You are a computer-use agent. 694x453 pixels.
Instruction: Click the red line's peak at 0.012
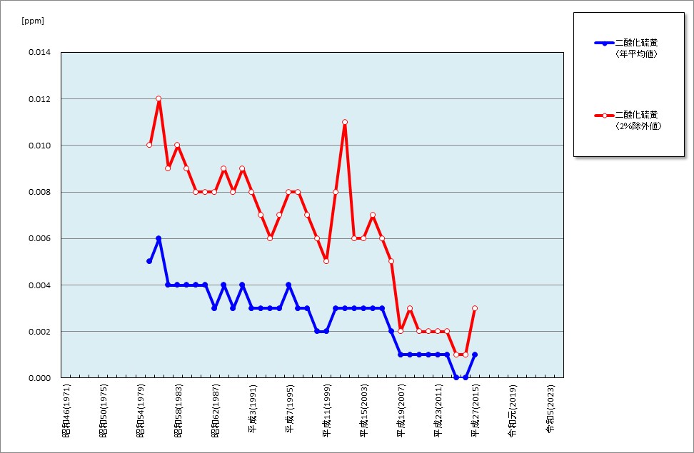click(159, 98)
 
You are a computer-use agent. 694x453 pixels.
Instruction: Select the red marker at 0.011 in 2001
click(345, 122)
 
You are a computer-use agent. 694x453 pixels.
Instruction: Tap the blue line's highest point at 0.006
click(159, 238)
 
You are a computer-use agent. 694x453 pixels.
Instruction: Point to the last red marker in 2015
click(475, 308)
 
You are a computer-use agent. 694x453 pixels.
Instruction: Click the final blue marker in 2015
click(475, 355)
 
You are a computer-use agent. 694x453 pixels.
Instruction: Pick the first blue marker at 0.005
click(149, 261)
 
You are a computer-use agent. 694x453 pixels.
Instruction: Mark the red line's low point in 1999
click(326, 261)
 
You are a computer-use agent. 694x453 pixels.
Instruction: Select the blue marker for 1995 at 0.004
click(288, 285)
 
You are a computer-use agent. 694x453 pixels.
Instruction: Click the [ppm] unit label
click(33, 21)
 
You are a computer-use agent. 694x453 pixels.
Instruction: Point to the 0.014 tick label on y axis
click(39, 53)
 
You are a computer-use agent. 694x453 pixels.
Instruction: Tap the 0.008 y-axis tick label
click(39, 192)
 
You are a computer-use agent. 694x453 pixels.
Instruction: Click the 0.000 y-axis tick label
click(39, 378)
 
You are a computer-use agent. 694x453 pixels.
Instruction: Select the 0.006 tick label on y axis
click(39, 238)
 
